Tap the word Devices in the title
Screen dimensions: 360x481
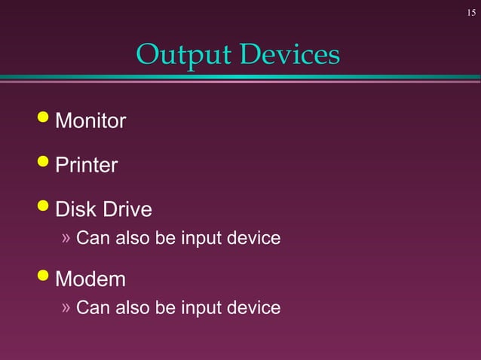(x=291, y=54)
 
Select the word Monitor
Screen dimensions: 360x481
(x=90, y=121)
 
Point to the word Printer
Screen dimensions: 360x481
(x=87, y=165)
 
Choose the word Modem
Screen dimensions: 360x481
(x=90, y=279)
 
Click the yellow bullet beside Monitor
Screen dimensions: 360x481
(x=43, y=117)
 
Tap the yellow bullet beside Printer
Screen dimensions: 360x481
(x=43, y=162)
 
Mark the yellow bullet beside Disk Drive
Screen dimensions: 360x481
(x=43, y=206)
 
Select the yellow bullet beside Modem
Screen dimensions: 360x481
(x=43, y=276)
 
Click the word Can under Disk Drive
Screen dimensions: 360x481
(x=93, y=239)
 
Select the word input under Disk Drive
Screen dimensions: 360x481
(x=201, y=239)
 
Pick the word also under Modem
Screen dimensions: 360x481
(x=132, y=307)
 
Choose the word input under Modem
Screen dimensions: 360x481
(x=201, y=308)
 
